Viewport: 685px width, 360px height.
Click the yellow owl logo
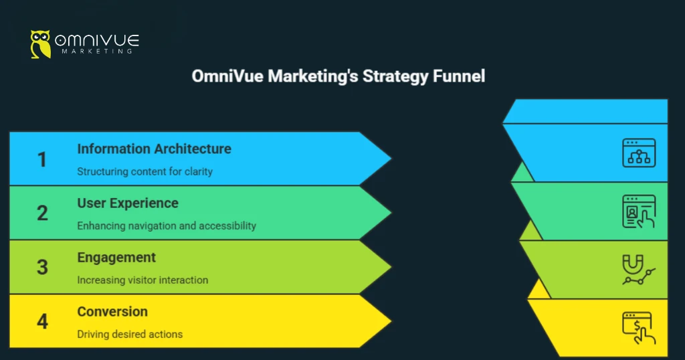coord(41,43)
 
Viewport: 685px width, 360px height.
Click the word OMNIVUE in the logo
coord(96,39)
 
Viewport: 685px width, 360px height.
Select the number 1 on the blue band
coord(42,159)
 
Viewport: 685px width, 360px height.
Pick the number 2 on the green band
coord(42,213)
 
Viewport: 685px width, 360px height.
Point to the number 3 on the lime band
coord(42,267)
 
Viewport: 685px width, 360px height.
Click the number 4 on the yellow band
coord(42,321)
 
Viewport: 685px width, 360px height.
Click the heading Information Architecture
coord(154,149)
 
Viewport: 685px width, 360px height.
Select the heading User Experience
coord(128,203)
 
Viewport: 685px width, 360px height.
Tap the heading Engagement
coord(116,258)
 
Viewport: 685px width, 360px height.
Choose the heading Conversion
coord(112,312)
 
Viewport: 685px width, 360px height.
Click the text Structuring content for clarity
coord(144,171)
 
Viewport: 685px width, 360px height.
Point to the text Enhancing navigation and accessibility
coord(167,226)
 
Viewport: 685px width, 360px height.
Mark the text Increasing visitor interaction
coord(142,280)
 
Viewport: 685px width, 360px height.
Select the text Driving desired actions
coord(130,334)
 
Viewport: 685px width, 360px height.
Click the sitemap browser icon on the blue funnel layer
coord(638,153)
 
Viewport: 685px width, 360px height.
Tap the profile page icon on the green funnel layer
coord(638,211)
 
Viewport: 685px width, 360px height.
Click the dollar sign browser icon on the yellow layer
coord(638,327)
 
